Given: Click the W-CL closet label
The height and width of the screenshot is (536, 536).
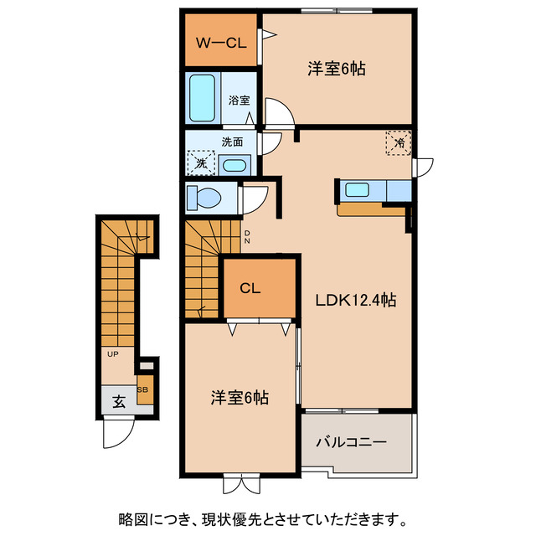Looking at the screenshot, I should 220,43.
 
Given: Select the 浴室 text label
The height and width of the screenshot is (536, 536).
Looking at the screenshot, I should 239,100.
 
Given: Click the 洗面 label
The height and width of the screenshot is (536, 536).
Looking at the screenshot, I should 232,142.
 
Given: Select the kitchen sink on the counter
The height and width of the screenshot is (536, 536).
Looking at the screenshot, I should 358,189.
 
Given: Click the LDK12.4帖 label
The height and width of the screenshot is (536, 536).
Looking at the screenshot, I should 355,300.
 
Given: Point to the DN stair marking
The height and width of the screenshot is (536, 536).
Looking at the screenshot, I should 247,239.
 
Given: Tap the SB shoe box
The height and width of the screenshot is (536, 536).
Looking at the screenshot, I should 143,390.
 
